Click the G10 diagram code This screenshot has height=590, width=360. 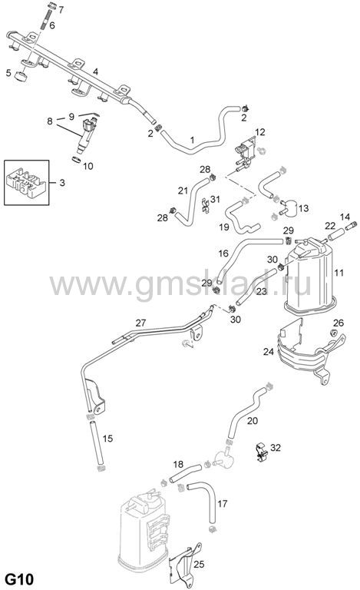[x=19, y=579]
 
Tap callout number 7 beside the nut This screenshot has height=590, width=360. [x=61, y=9]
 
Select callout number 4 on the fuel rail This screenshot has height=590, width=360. [x=95, y=71]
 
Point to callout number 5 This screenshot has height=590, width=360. [x=8, y=73]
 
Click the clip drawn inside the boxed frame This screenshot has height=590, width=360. [x=26, y=182]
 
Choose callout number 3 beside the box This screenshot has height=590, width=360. [x=62, y=183]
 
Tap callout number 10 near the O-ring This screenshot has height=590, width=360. [x=88, y=166]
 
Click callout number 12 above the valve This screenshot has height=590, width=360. [x=260, y=132]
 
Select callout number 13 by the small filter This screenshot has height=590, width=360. [x=303, y=208]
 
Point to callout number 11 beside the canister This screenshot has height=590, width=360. [x=339, y=273]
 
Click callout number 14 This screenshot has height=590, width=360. [x=345, y=217]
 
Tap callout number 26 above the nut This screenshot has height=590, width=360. [x=339, y=323]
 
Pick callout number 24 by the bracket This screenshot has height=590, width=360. [x=269, y=352]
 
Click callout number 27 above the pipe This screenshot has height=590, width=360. [x=140, y=323]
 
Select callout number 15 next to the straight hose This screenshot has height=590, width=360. [x=107, y=439]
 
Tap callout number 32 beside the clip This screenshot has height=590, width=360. [x=276, y=448]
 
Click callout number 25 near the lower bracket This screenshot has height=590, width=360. [x=199, y=564]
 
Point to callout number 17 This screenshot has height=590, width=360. [x=223, y=503]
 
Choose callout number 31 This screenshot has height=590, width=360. [x=215, y=199]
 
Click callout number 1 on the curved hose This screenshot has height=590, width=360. [x=193, y=141]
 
